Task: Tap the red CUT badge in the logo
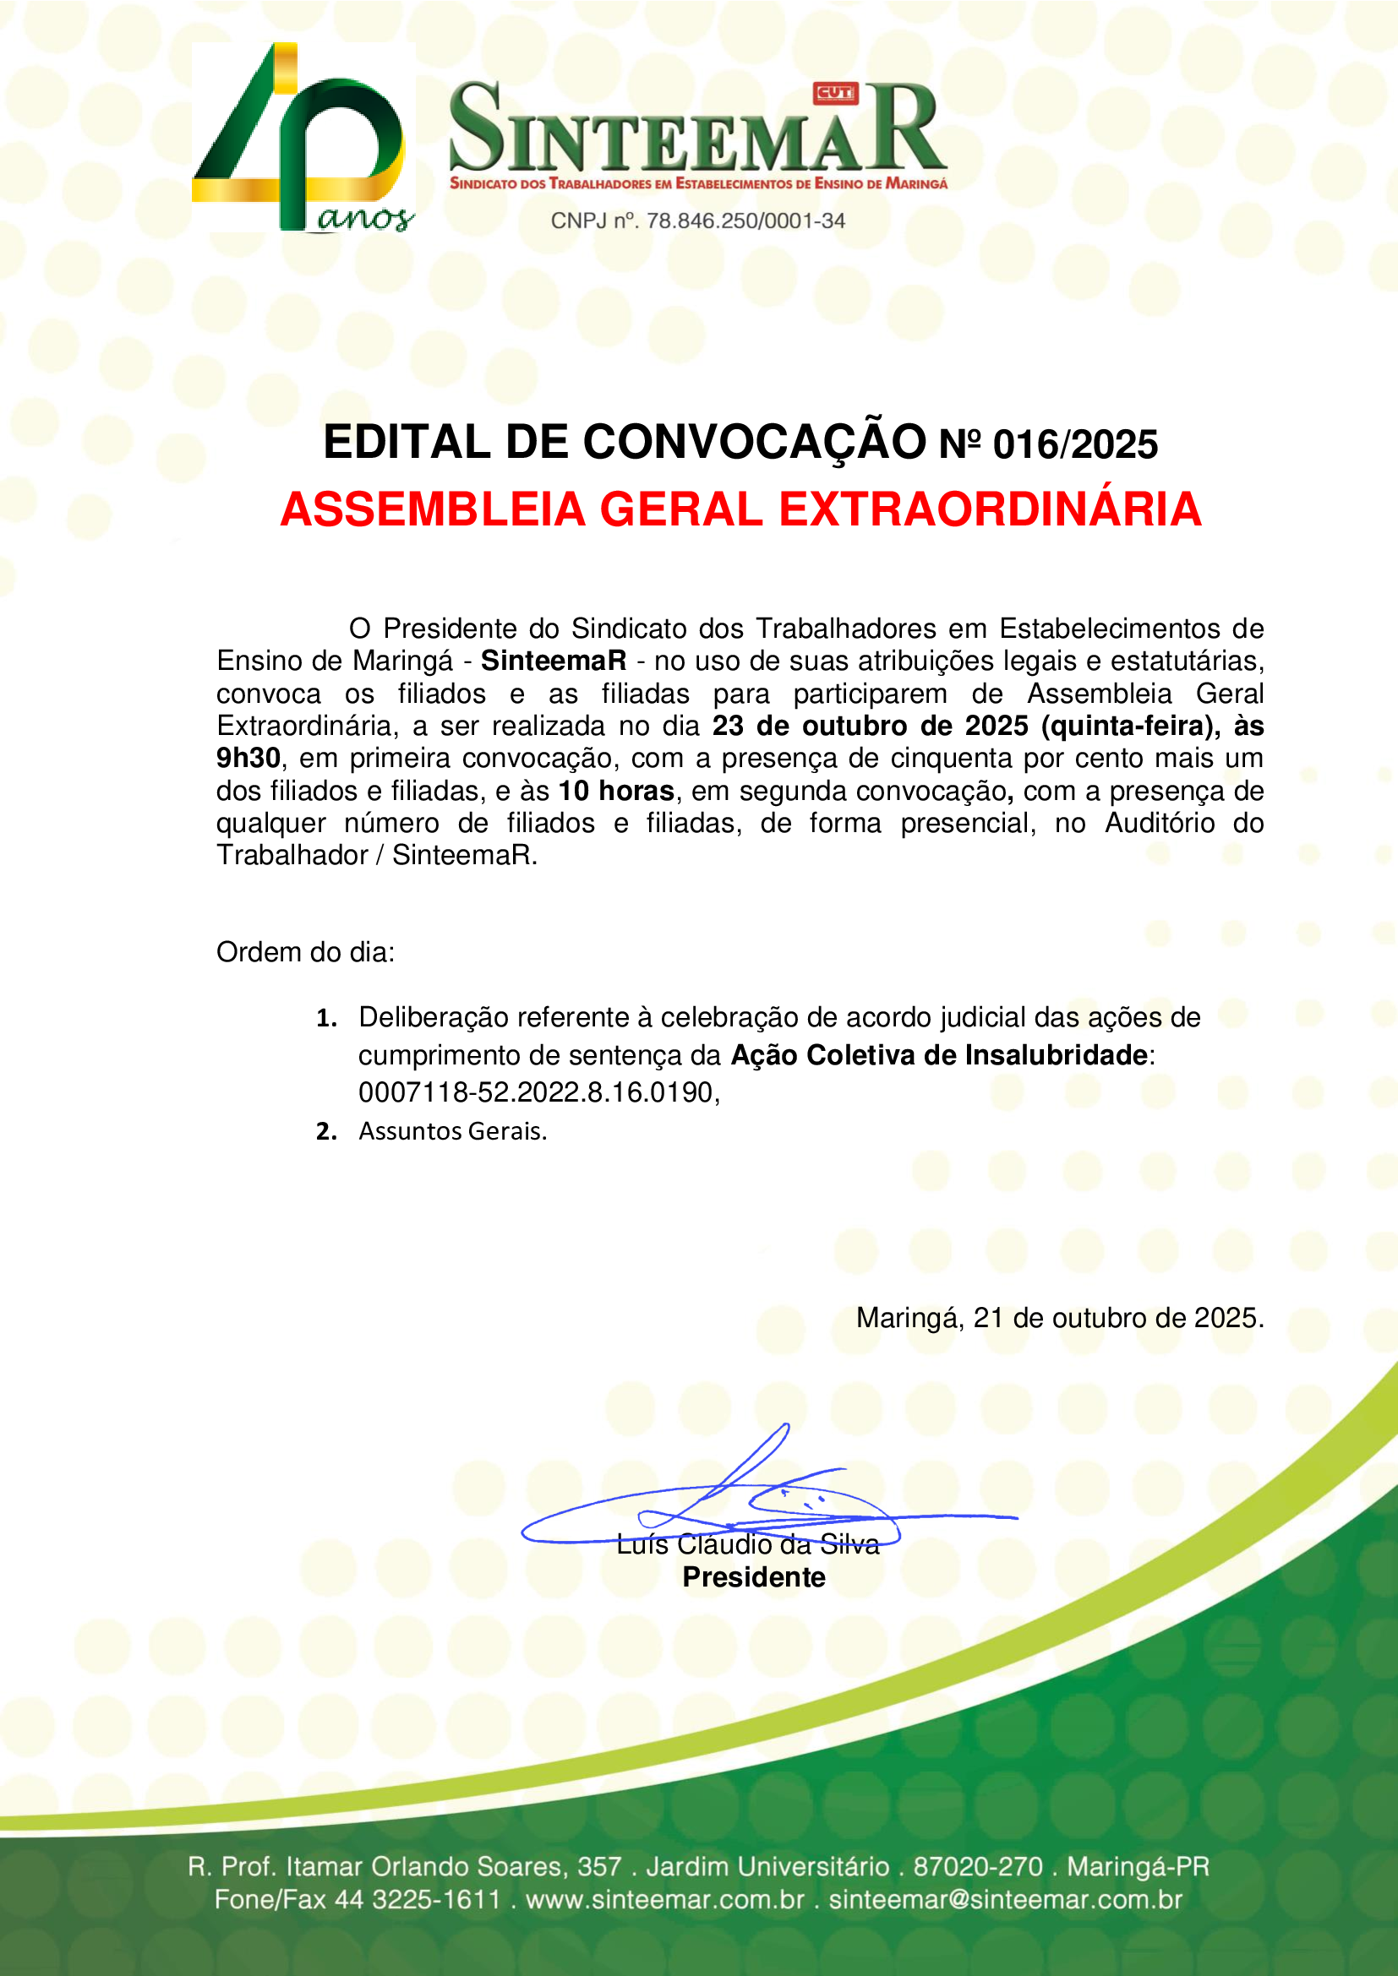pyautogui.click(x=835, y=93)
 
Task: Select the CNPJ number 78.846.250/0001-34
pyautogui.click(x=745, y=221)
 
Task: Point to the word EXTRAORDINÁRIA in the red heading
pyautogui.click(x=990, y=509)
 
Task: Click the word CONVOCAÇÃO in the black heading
pyautogui.click(x=754, y=443)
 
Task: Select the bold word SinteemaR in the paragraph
pyautogui.click(x=554, y=661)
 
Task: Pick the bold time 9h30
pyautogui.click(x=248, y=758)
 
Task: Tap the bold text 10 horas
pyautogui.click(x=616, y=791)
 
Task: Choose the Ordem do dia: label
pyautogui.click(x=306, y=953)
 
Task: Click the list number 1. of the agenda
pyautogui.click(x=326, y=1019)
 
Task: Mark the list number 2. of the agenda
pyautogui.click(x=326, y=1132)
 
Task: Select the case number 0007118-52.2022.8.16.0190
pyautogui.click(x=538, y=1093)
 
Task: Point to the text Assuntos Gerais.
pyautogui.click(x=453, y=1132)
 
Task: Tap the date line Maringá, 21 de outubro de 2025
pyautogui.click(x=1060, y=1319)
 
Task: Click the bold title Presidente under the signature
pyautogui.click(x=754, y=1577)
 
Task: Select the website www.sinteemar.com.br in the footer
pyautogui.click(x=664, y=1899)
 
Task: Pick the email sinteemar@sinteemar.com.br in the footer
pyautogui.click(x=1006, y=1899)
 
